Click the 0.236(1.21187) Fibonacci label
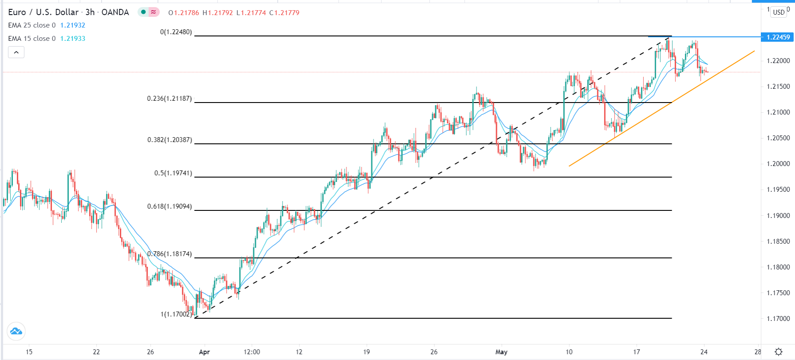pyautogui.click(x=169, y=99)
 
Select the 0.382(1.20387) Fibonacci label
pyautogui.click(x=169, y=140)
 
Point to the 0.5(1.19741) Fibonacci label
pyautogui.click(x=173, y=173)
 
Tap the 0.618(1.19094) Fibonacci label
pyautogui.click(x=169, y=206)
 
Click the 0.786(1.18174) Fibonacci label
pyautogui.click(x=170, y=254)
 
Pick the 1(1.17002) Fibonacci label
pyautogui.click(x=176, y=314)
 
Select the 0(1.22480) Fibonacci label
pyautogui.click(x=176, y=32)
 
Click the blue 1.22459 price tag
pyautogui.click(x=778, y=37)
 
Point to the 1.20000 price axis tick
pyautogui.click(x=778, y=164)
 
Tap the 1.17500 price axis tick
pyautogui.click(x=778, y=293)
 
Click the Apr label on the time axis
pyautogui.click(x=204, y=352)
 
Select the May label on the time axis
pyautogui.click(x=501, y=352)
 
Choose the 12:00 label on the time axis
pyautogui.click(x=252, y=352)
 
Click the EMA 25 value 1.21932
pyautogui.click(x=73, y=25)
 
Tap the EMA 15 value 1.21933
pyautogui.click(x=73, y=39)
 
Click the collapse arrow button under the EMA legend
pyautogui.click(x=16, y=52)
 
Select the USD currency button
pyautogui.click(x=779, y=12)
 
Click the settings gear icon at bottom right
pyautogui.click(x=779, y=352)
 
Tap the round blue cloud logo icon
pyautogui.click(x=16, y=331)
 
